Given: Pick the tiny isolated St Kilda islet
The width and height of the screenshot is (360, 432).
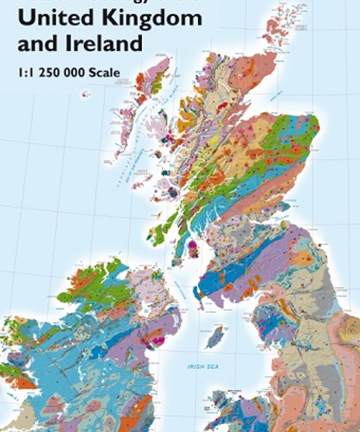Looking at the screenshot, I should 86,94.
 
